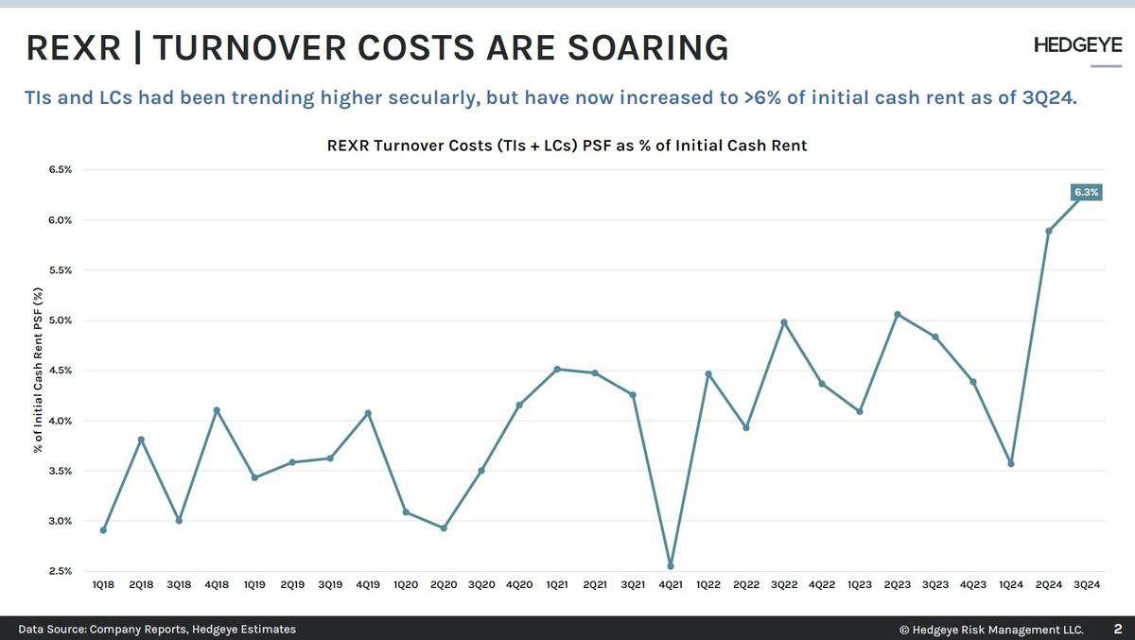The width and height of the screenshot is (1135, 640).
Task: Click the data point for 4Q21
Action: click(x=671, y=566)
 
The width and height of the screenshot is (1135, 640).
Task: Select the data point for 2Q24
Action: click(x=1049, y=231)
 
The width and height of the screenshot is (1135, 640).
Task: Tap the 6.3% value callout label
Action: click(x=1087, y=192)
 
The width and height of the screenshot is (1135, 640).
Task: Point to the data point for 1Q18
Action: click(x=103, y=530)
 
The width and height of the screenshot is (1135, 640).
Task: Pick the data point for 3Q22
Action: click(x=784, y=322)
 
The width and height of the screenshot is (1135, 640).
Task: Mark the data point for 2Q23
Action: click(x=898, y=314)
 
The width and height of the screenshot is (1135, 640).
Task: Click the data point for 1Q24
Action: click(x=1011, y=463)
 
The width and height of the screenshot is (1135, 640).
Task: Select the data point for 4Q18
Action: click(x=217, y=410)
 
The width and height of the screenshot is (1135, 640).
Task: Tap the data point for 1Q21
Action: click(x=557, y=369)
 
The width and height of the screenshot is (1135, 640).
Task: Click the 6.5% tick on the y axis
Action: click(x=60, y=170)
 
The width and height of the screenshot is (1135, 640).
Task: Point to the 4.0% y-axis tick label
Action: click(x=60, y=421)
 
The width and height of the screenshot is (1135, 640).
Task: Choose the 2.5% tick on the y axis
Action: click(x=60, y=571)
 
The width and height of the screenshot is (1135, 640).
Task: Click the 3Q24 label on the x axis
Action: click(x=1087, y=586)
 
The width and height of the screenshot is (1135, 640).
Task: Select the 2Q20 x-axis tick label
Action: click(x=444, y=586)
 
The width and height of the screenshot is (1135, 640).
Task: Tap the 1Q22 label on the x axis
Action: click(x=708, y=586)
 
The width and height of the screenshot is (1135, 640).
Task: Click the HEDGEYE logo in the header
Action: click(x=1077, y=45)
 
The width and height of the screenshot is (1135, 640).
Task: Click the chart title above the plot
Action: click(x=567, y=146)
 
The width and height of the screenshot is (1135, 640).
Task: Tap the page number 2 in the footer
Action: click(x=1117, y=629)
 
